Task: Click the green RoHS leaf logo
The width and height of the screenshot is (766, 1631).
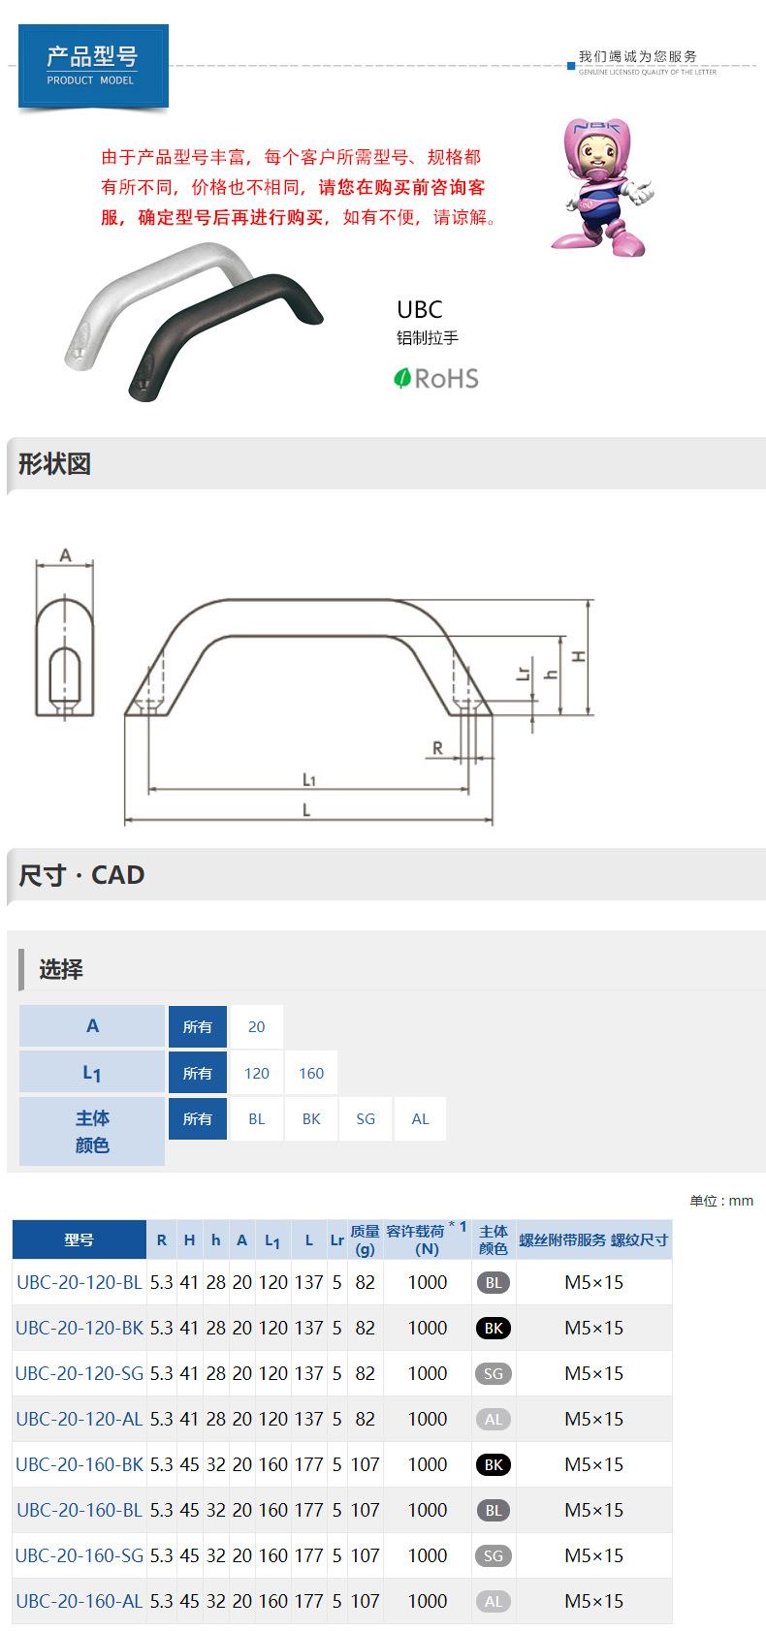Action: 403,378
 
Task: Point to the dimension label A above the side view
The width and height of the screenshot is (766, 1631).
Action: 65,555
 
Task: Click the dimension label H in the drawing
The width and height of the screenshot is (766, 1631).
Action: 579,656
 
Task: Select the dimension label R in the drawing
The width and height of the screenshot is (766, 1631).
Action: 437,747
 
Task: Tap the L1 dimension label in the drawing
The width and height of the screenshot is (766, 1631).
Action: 308,779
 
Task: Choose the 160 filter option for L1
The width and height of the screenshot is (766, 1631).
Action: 311,1073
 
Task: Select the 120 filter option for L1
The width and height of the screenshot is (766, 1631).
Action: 257,1073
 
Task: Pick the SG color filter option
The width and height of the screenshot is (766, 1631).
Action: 366,1118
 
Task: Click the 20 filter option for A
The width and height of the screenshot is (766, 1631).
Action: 257,1026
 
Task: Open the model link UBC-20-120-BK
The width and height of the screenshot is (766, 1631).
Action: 80,1328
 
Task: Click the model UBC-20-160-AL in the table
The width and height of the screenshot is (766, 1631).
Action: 80,1601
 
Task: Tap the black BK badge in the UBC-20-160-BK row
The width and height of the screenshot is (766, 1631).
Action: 494,1464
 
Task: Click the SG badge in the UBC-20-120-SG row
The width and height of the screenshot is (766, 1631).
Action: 494,1373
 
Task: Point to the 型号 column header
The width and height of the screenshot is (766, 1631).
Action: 80,1239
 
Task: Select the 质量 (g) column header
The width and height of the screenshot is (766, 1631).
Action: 365,1239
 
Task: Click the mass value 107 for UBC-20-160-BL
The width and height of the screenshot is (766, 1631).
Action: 365,1510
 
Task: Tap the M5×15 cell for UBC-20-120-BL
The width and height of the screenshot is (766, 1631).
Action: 593,1282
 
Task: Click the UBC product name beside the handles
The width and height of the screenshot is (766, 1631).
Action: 420,310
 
